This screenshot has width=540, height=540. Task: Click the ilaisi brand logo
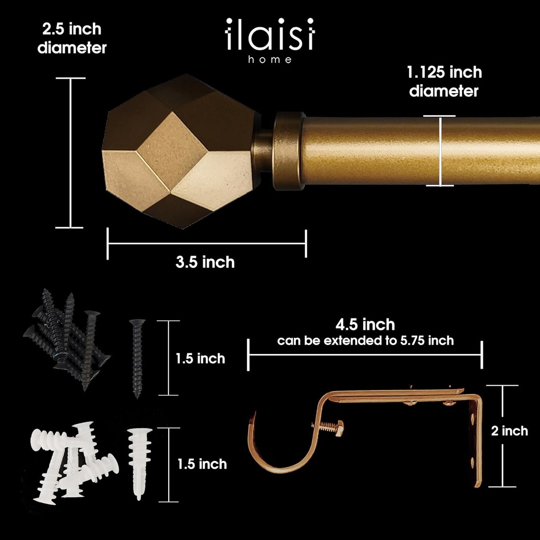click(x=270, y=35)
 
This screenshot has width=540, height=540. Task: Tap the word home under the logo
click(x=270, y=59)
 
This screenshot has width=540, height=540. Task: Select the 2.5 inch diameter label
click(x=72, y=38)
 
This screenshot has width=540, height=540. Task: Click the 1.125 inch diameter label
click(x=444, y=81)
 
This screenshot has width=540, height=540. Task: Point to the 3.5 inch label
click(x=205, y=262)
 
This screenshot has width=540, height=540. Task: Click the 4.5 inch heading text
click(x=365, y=324)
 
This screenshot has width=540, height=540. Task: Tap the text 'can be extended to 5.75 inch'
click(x=365, y=340)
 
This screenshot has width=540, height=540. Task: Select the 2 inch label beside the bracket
click(x=509, y=431)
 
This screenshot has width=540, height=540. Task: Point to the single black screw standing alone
click(x=137, y=359)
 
